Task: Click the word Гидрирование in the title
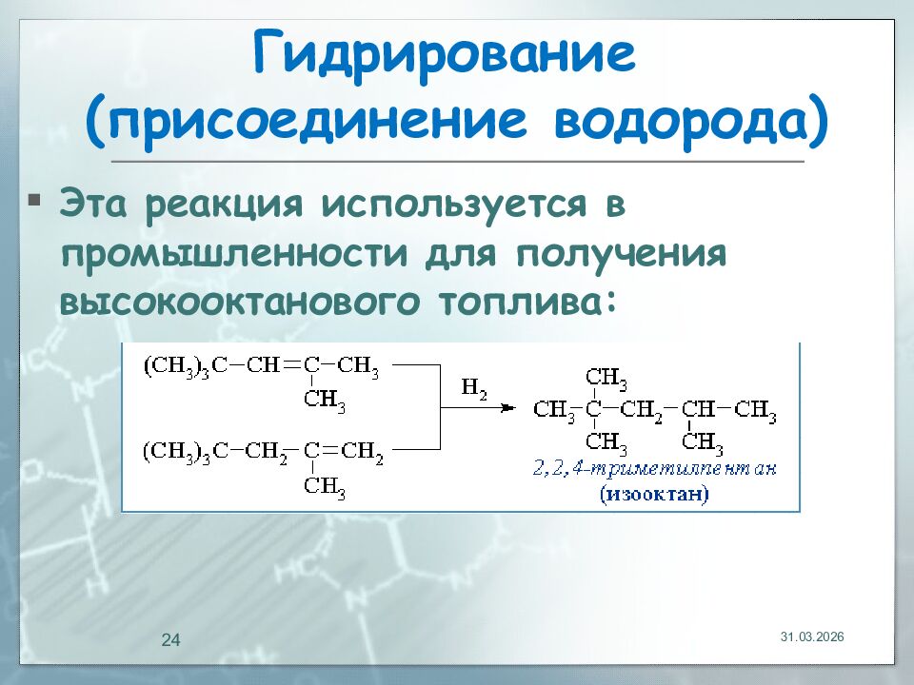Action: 444,56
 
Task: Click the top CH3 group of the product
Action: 606,379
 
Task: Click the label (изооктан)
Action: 654,495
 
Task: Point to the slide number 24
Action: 170,640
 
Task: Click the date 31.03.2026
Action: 812,636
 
